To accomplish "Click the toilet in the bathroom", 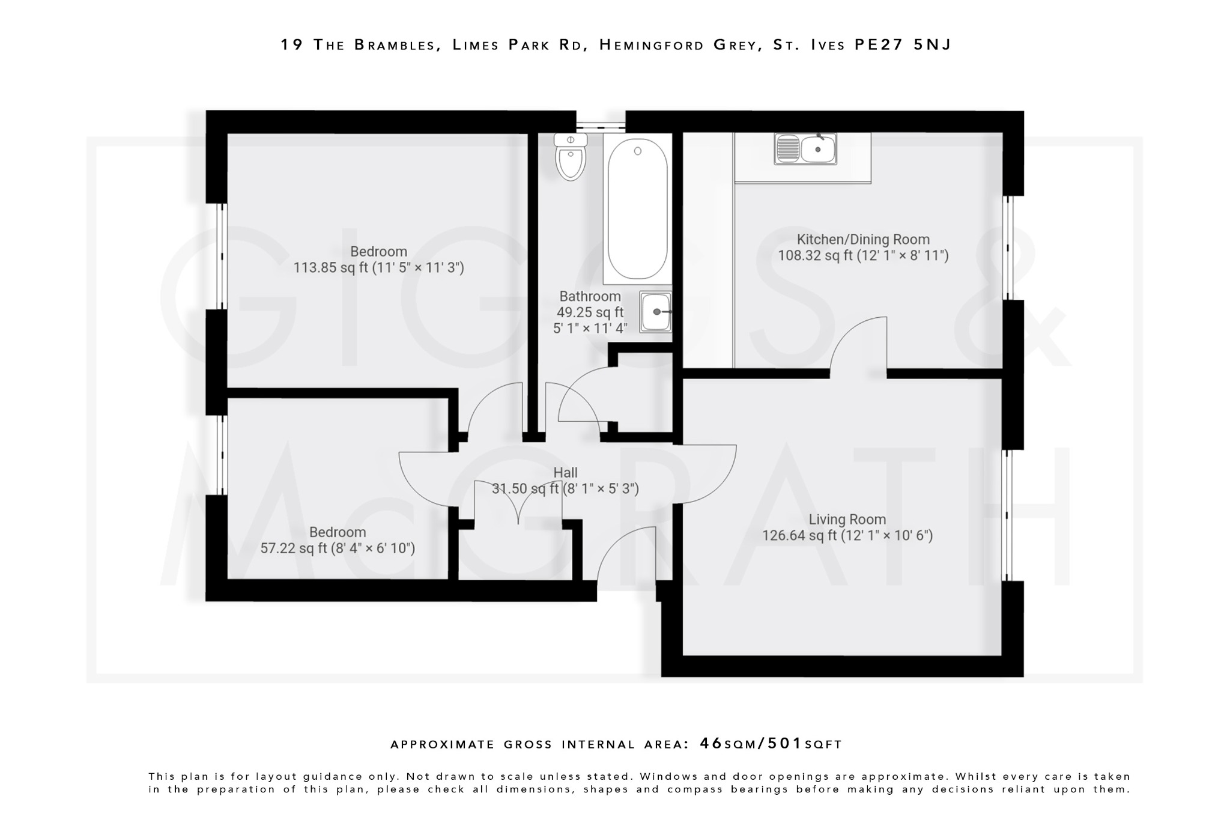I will coord(571,157).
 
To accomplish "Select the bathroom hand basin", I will coord(655,312).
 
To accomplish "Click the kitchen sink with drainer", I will coord(805,149).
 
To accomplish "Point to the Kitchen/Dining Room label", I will coord(862,239).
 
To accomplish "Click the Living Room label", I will coord(847,519).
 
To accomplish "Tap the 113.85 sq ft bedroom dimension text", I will coord(378,267).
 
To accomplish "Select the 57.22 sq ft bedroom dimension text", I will coord(338,548).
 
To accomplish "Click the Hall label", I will coord(565,473).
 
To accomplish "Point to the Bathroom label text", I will coord(590,296).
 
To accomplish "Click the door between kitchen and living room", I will coord(858,345).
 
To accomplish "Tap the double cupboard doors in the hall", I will coord(518,503).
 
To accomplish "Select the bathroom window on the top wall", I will coord(601,127).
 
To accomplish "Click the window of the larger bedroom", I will coord(222,256).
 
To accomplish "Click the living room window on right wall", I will coord(1009,515).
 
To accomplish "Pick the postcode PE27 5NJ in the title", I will coord(903,45).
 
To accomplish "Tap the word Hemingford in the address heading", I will coord(651,45).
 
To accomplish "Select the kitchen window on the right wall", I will coord(1009,248).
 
